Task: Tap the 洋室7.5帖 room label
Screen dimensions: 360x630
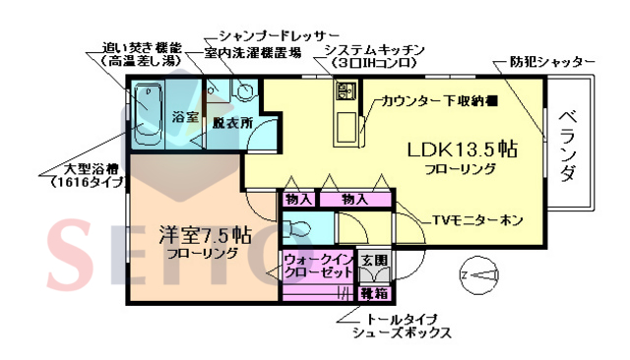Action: tap(206, 236)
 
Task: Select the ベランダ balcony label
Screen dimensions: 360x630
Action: tap(568, 147)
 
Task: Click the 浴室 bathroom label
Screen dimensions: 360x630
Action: tap(185, 116)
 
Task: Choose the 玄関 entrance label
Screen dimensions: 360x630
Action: tap(373, 261)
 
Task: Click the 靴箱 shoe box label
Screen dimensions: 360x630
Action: tap(372, 292)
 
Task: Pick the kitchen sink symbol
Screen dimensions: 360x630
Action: tap(347, 94)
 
